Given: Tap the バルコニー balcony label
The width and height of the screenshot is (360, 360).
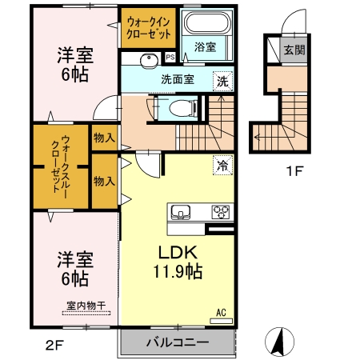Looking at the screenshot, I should coord(177,342).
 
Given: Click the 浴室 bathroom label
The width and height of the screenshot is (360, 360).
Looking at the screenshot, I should coord(205,48).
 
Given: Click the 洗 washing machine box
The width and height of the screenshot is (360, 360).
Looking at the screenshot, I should coord(224,80).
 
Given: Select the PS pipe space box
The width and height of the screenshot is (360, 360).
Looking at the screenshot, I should coord(170,57).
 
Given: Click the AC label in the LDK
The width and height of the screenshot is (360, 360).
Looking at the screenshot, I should coord(222,312).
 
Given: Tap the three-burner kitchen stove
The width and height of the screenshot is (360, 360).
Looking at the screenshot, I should coord(220,212).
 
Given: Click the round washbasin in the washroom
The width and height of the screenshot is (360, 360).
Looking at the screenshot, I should coord(147,61).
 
